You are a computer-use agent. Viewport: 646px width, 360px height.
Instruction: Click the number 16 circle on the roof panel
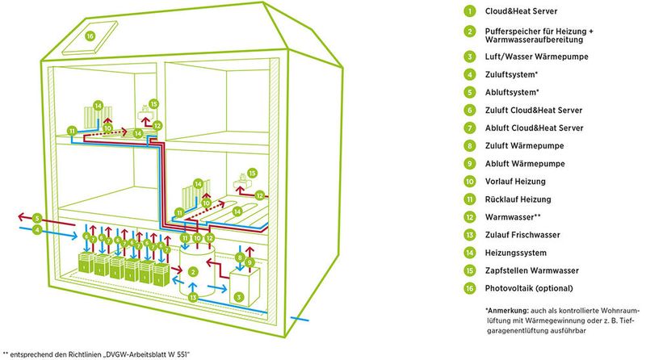pyautogui.click(x=90, y=36)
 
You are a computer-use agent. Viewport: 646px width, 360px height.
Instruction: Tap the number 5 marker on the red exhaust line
pyautogui.click(x=37, y=218)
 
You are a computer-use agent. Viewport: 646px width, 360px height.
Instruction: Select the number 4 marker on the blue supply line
pyautogui.click(x=37, y=230)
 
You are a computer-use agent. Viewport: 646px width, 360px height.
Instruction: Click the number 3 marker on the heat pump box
pyautogui.click(x=238, y=296)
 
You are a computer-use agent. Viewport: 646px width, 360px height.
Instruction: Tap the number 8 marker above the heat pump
pyautogui.click(x=238, y=257)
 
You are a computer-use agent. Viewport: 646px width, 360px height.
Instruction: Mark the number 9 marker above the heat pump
pyautogui.click(x=250, y=262)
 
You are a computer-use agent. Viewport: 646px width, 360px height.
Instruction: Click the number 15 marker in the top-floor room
pyautogui.click(x=154, y=103)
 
